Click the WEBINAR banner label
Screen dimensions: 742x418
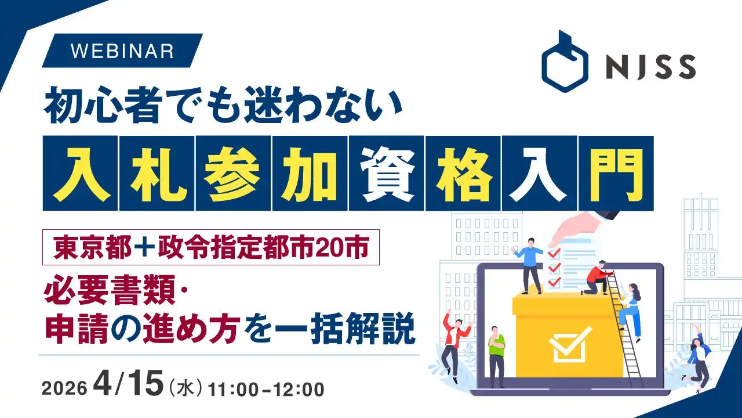click(x=122, y=51)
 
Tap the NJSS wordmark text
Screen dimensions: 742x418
click(x=650, y=67)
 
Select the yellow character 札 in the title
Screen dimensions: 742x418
click(x=157, y=173)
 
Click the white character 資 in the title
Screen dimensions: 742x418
click(x=386, y=173)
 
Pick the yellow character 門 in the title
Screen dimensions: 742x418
click(x=616, y=173)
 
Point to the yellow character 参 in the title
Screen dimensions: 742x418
click(x=233, y=173)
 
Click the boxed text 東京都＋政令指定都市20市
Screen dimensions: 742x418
click(x=211, y=247)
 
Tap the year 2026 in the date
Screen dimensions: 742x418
click(x=64, y=388)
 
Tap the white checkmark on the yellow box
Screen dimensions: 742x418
click(x=570, y=344)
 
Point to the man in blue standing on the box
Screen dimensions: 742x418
click(x=529, y=266)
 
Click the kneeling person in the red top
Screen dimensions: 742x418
click(x=597, y=278)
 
